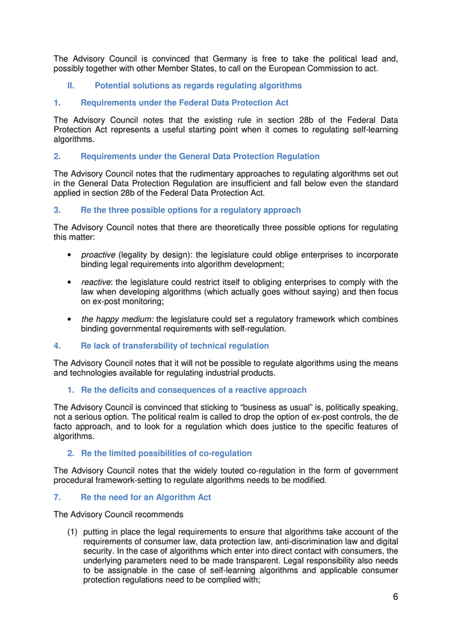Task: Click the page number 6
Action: (x=395, y=597)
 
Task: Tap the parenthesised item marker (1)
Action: (x=73, y=531)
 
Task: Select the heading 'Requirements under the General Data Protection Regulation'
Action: (x=200, y=156)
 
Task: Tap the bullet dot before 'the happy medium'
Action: (x=69, y=319)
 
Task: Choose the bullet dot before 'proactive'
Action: (x=69, y=255)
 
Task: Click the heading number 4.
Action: (x=57, y=345)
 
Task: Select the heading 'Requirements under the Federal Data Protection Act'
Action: (x=184, y=102)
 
